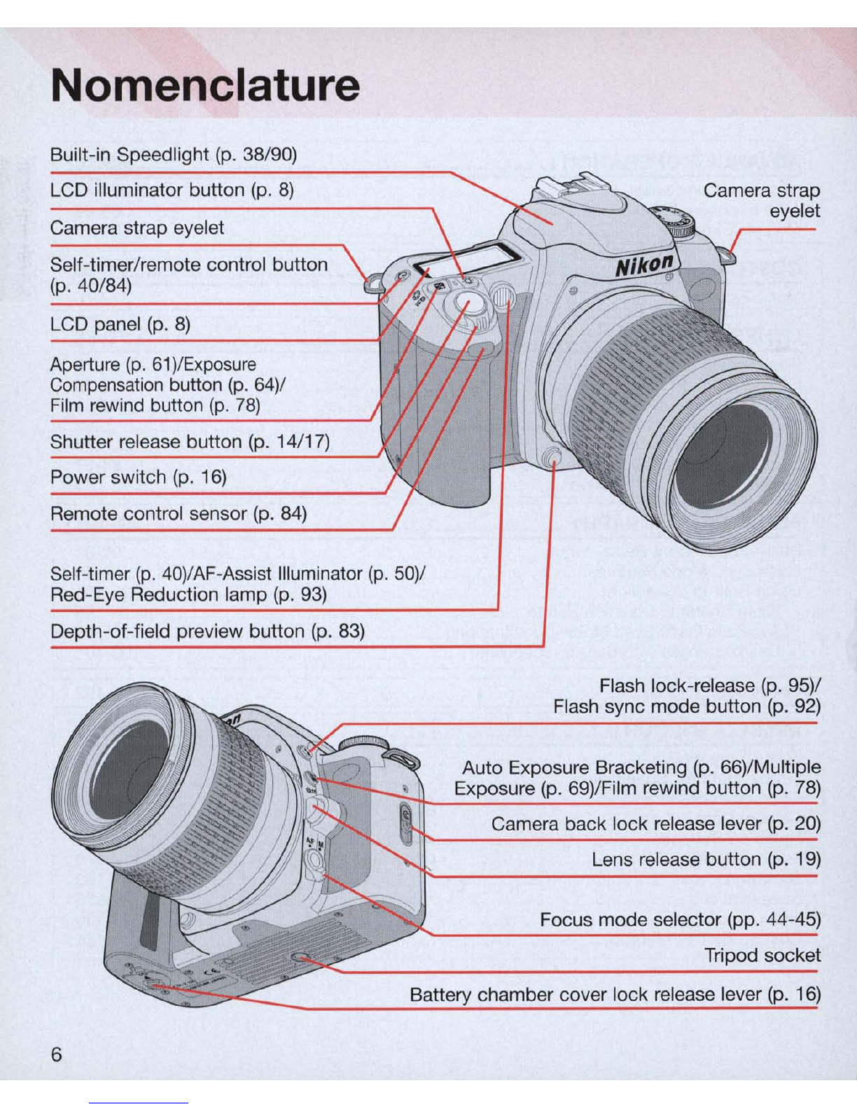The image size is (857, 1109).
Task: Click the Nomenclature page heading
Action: [205, 85]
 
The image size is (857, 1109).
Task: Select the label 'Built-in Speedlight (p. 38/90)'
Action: [174, 155]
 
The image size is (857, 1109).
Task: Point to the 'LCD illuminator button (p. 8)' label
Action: [172, 190]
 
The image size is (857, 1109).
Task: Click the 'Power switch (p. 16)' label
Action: [139, 477]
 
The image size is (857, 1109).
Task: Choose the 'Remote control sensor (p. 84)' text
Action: [179, 513]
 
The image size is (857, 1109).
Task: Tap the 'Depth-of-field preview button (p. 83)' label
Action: [207, 632]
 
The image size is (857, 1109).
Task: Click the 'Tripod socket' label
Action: [762, 955]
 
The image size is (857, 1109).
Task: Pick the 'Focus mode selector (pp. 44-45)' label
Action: [681, 920]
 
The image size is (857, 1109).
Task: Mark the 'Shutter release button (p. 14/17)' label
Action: [190, 442]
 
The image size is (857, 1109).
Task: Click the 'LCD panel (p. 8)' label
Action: [120, 324]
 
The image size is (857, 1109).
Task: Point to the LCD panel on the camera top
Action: [466, 260]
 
